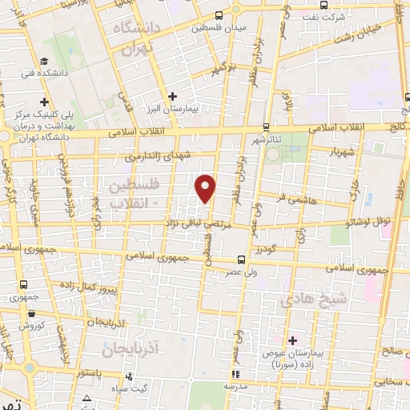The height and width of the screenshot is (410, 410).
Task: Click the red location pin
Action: [x=207, y=187]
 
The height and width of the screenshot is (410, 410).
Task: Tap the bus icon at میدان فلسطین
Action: [x=219, y=16]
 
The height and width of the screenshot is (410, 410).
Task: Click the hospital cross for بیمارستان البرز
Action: [x=172, y=96]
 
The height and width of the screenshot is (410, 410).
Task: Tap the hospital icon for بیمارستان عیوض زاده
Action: [x=292, y=340]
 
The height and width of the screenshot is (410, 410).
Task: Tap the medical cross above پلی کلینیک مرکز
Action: [x=44, y=102]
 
